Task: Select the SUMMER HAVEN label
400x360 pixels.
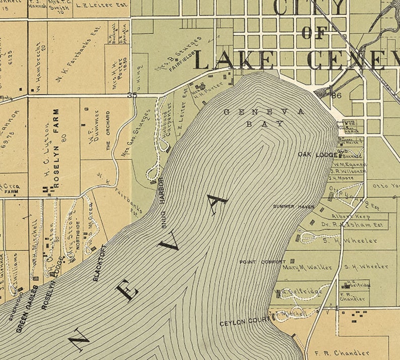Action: tap(294, 207)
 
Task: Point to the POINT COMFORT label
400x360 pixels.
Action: tap(262, 262)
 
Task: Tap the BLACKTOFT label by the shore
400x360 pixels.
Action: tap(100, 263)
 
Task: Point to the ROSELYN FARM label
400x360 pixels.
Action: tap(56, 148)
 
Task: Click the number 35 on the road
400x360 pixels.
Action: tap(132, 95)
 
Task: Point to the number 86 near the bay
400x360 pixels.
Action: tap(337, 95)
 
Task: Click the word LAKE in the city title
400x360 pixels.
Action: tap(234, 61)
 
